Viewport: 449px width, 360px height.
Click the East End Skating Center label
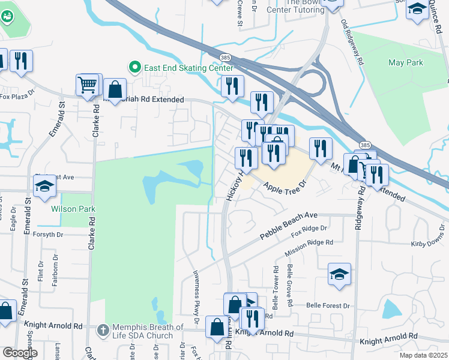pos(187,68)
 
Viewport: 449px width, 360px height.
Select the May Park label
pos(406,62)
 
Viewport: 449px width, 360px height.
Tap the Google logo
pos(20,353)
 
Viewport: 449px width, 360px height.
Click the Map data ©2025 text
pos(423,355)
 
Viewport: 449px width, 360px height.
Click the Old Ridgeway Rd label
pos(352,43)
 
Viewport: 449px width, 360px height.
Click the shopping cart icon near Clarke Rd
pos(88,85)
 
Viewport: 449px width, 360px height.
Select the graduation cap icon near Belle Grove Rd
pos(339,274)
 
